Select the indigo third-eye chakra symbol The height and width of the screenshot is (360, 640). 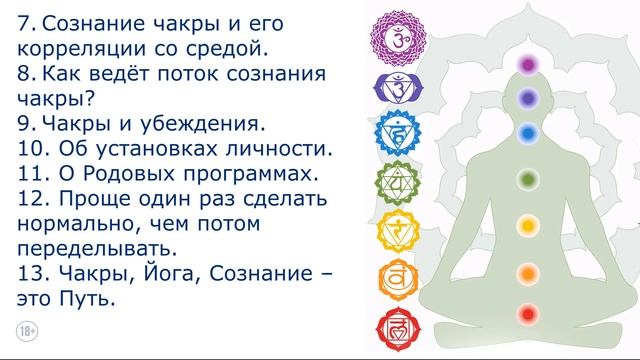pyautogui.click(x=394, y=91)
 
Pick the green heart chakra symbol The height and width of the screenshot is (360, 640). pyautogui.click(x=394, y=183)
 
